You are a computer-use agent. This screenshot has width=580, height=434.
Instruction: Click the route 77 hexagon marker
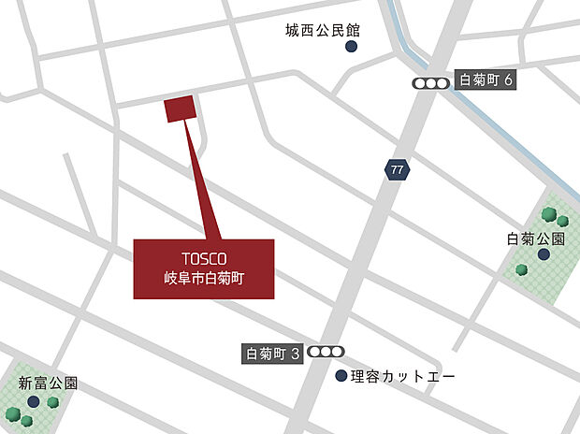398,169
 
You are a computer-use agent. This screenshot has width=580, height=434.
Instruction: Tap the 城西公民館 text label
324,30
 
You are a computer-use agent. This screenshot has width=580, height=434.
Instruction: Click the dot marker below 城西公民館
351,46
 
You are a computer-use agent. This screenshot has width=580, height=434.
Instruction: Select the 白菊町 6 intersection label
486,81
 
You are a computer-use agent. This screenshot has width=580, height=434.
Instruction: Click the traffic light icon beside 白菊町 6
431,82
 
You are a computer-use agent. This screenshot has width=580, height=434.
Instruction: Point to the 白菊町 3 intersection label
272,354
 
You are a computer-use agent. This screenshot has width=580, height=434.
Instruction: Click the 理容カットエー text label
403,377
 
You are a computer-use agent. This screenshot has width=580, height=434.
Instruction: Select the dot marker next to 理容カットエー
341,376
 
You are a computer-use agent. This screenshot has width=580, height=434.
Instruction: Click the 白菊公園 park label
532,239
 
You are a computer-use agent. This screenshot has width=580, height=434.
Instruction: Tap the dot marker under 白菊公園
543,253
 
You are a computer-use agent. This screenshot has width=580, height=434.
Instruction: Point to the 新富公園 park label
48,383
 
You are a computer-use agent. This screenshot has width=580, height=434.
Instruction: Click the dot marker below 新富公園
34,400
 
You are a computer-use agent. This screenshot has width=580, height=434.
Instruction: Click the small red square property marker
180,108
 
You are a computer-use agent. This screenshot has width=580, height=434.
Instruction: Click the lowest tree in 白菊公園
521,269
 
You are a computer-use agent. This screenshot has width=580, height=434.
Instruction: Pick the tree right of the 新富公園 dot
53,402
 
